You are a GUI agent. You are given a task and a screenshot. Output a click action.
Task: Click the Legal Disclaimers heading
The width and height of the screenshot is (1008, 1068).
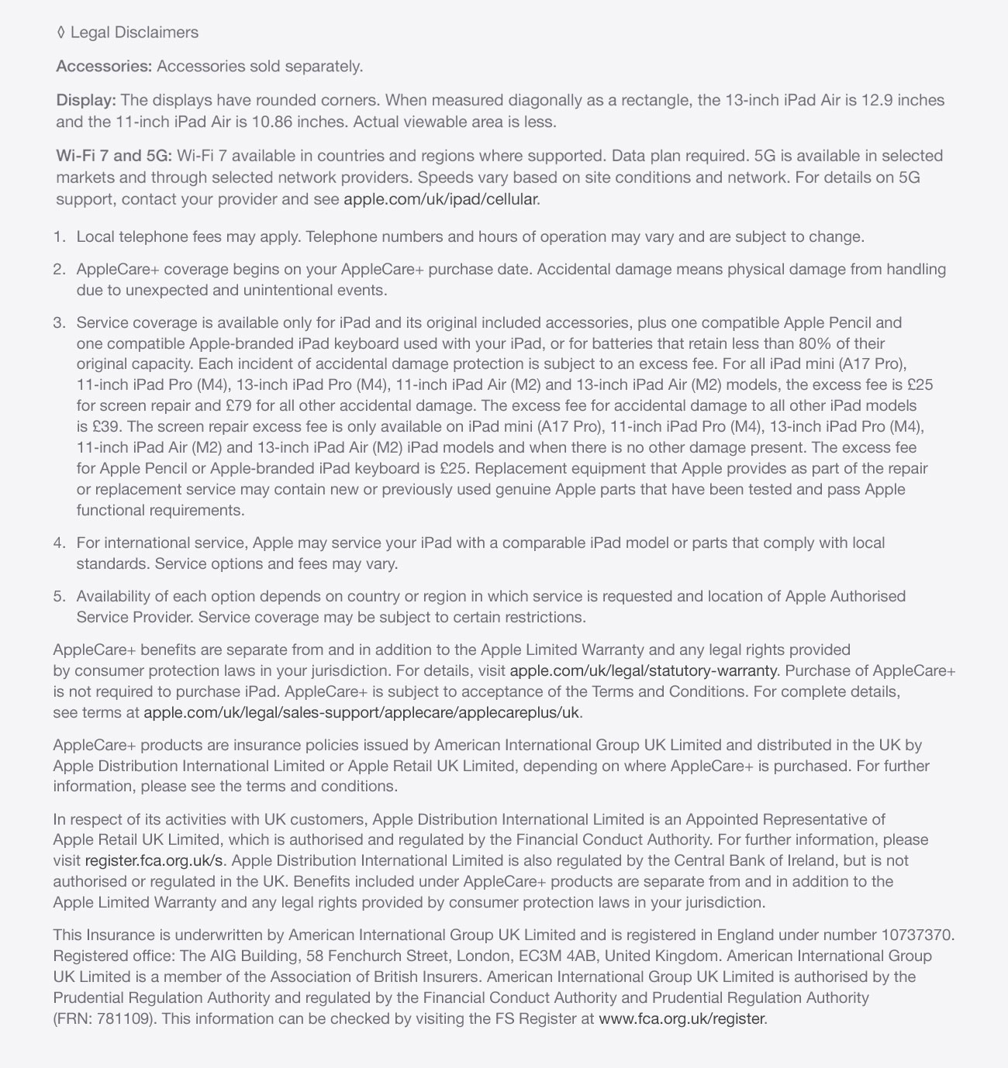click(x=134, y=33)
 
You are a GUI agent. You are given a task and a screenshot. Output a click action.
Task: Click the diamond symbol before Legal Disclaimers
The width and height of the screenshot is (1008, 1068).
click(x=60, y=33)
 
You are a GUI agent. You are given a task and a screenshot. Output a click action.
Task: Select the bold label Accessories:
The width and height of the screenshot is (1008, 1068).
click(x=104, y=67)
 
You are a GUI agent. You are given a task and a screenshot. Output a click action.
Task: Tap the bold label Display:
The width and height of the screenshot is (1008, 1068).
click(x=86, y=101)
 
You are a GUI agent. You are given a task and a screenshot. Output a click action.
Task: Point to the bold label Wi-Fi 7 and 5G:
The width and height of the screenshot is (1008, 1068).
click(x=114, y=157)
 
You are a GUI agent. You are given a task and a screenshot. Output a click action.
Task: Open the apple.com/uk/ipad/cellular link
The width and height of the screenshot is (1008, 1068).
click(x=440, y=199)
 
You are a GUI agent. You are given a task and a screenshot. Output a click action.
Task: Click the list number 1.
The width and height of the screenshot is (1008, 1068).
click(x=60, y=237)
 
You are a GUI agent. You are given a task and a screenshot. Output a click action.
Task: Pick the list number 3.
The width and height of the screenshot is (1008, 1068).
click(x=60, y=323)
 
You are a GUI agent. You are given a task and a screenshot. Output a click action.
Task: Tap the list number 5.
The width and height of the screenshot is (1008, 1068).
click(x=60, y=597)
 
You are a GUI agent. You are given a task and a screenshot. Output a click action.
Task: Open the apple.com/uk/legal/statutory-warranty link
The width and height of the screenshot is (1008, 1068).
click(x=644, y=671)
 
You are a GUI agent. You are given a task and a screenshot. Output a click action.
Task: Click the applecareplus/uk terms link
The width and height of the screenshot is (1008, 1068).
click(x=361, y=713)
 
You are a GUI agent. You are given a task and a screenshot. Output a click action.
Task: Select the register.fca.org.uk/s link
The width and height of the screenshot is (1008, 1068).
click(x=154, y=861)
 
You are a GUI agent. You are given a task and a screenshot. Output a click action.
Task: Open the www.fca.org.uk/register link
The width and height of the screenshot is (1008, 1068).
click(x=682, y=1019)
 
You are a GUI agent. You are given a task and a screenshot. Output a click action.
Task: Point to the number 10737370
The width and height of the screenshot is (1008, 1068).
click(x=917, y=936)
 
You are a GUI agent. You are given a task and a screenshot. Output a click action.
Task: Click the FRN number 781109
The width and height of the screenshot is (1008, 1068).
click(x=125, y=1019)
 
